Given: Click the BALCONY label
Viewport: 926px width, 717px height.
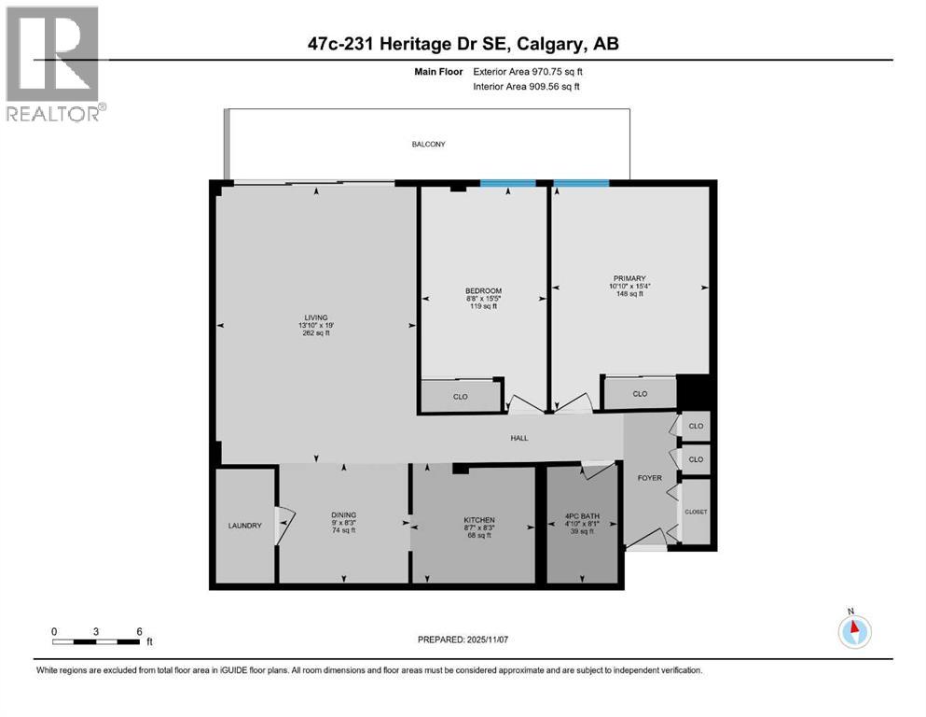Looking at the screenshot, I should point(429,144).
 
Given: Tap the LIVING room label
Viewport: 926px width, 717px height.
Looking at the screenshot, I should point(315,317).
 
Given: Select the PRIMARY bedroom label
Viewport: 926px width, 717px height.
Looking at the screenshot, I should point(629,277).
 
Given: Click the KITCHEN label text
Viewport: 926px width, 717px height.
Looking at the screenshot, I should point(479,520).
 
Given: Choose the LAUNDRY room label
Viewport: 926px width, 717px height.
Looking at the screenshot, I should point(244,526).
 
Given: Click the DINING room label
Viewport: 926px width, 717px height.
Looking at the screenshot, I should point(343,514).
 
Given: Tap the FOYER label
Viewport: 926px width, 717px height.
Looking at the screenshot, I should point(649,478).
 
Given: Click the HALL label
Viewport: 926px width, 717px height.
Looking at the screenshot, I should point(518,437).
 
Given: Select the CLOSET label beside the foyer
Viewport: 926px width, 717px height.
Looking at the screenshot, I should point(696,512).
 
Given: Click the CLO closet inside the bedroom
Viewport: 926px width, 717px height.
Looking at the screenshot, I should point(460,397).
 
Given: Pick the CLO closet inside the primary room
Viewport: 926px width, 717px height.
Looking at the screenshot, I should point(640,394).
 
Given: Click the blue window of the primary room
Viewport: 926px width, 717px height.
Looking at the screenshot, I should point(581,183).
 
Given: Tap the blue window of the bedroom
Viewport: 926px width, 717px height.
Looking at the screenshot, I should point(507,183).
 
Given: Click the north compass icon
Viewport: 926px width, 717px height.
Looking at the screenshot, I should point(853,630).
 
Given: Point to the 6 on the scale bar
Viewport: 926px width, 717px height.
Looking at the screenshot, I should point(139,631).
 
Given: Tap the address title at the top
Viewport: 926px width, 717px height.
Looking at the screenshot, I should point(463,43).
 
